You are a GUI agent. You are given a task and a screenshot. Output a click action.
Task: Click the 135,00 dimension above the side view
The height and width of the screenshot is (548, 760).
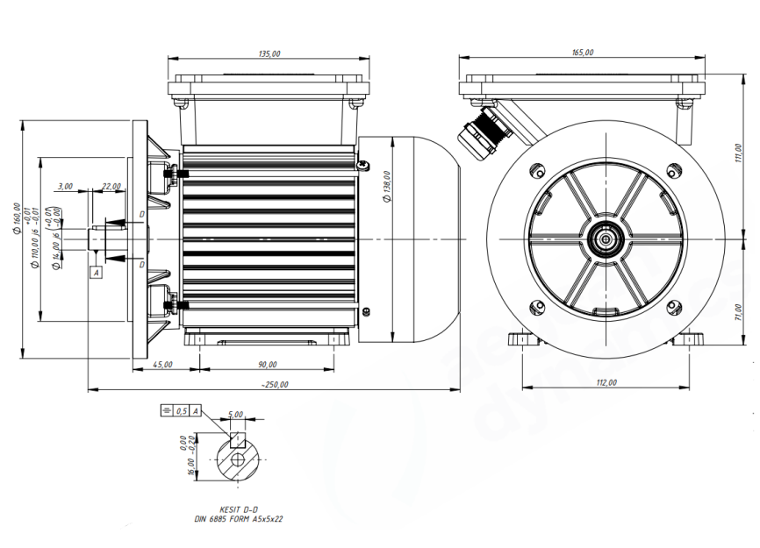click(x=269, y=54)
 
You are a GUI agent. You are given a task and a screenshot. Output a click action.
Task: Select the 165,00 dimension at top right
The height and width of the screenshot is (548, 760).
click(x=582, y=53)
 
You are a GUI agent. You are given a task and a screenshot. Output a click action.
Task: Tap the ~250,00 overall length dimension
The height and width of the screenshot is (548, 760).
click(x=275, y=384)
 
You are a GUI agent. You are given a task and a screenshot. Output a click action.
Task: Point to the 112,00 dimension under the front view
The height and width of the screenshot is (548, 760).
click(x=606, y=382)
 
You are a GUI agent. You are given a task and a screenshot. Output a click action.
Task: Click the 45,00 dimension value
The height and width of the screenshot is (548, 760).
click(x=162, y=364)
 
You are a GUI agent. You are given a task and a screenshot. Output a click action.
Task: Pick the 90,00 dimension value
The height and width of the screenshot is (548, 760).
click(x=268, y=364)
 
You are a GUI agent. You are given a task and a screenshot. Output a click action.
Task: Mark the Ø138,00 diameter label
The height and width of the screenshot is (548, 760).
click(x=387, y=186)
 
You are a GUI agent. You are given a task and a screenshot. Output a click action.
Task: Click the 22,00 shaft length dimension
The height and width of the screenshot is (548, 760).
click(x=111, y=186)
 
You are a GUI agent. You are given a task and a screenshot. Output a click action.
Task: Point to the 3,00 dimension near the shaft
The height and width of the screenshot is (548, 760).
click(x=64, y=186)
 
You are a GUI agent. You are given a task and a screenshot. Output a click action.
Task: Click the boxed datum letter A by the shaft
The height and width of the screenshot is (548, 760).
click(x=97, y=273)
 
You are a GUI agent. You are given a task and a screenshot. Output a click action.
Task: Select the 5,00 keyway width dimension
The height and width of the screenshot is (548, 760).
click(x=235, y=414)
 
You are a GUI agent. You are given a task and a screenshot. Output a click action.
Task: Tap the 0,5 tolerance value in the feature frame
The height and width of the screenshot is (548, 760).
click(x=182, y=410)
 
